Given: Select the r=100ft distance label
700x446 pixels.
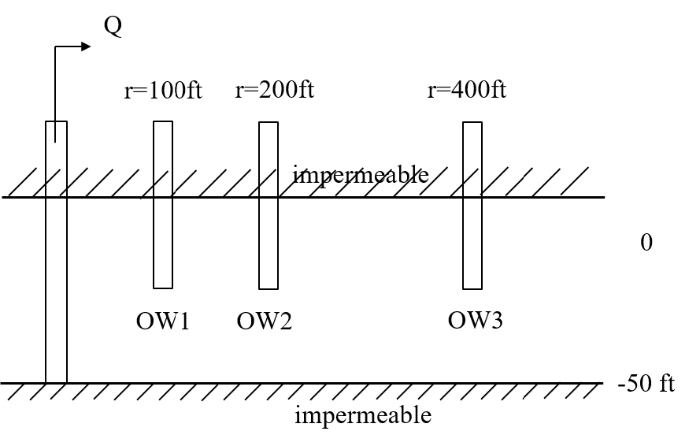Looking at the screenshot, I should click(x=163, y=91).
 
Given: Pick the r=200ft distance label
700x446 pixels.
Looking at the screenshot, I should click(x=275, y=90).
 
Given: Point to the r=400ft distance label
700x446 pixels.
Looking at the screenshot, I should click(x=467, y=90).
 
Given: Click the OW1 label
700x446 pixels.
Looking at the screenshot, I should click(x=163, y=321).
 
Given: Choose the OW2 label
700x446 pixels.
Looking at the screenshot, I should click(x=265, y=321).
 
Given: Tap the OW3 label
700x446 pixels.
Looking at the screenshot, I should click(x=476, y=321).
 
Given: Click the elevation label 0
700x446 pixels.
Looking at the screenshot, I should click(x=646, y=243).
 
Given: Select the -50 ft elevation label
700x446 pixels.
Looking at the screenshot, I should click(x=646, y=384).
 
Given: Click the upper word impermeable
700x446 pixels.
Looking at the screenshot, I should click(x=361, y=174).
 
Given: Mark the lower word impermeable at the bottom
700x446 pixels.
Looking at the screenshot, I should click(x=363, y=414).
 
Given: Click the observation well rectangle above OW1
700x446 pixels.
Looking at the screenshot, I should click(x=163, y=204).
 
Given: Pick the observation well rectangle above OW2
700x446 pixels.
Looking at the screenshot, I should click(x=269, y=205).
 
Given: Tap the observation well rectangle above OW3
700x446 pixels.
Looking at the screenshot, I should click(x=472, y=205).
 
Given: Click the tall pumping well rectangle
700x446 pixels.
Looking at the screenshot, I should click(x=56, y=252).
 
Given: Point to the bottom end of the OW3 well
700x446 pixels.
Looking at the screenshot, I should click(x=472, y=288).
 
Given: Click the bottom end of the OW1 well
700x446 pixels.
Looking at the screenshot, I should click(x=163, y=287).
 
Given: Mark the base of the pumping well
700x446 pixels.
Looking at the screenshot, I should click(x=56, y=381).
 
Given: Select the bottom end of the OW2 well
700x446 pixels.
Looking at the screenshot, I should click(x=269, y=288).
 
